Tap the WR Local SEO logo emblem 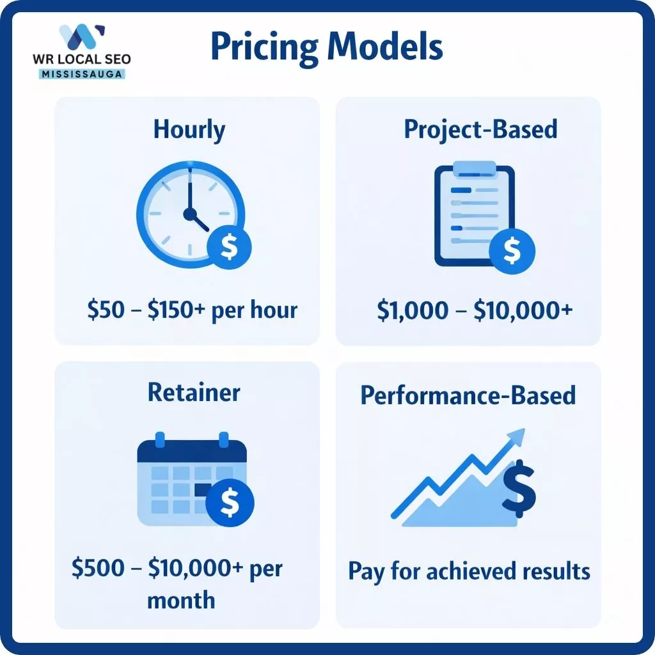click(x=81, y=37)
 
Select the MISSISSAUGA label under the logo click(x=81, y=74)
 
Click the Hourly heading click(x=189, y=130)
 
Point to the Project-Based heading click(x=480, y=129)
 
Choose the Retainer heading click(x=194, y=392)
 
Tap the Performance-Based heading click(x=468, y=395)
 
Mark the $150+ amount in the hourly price click(x=178, y=310)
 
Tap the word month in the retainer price click(x=181, y=600)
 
